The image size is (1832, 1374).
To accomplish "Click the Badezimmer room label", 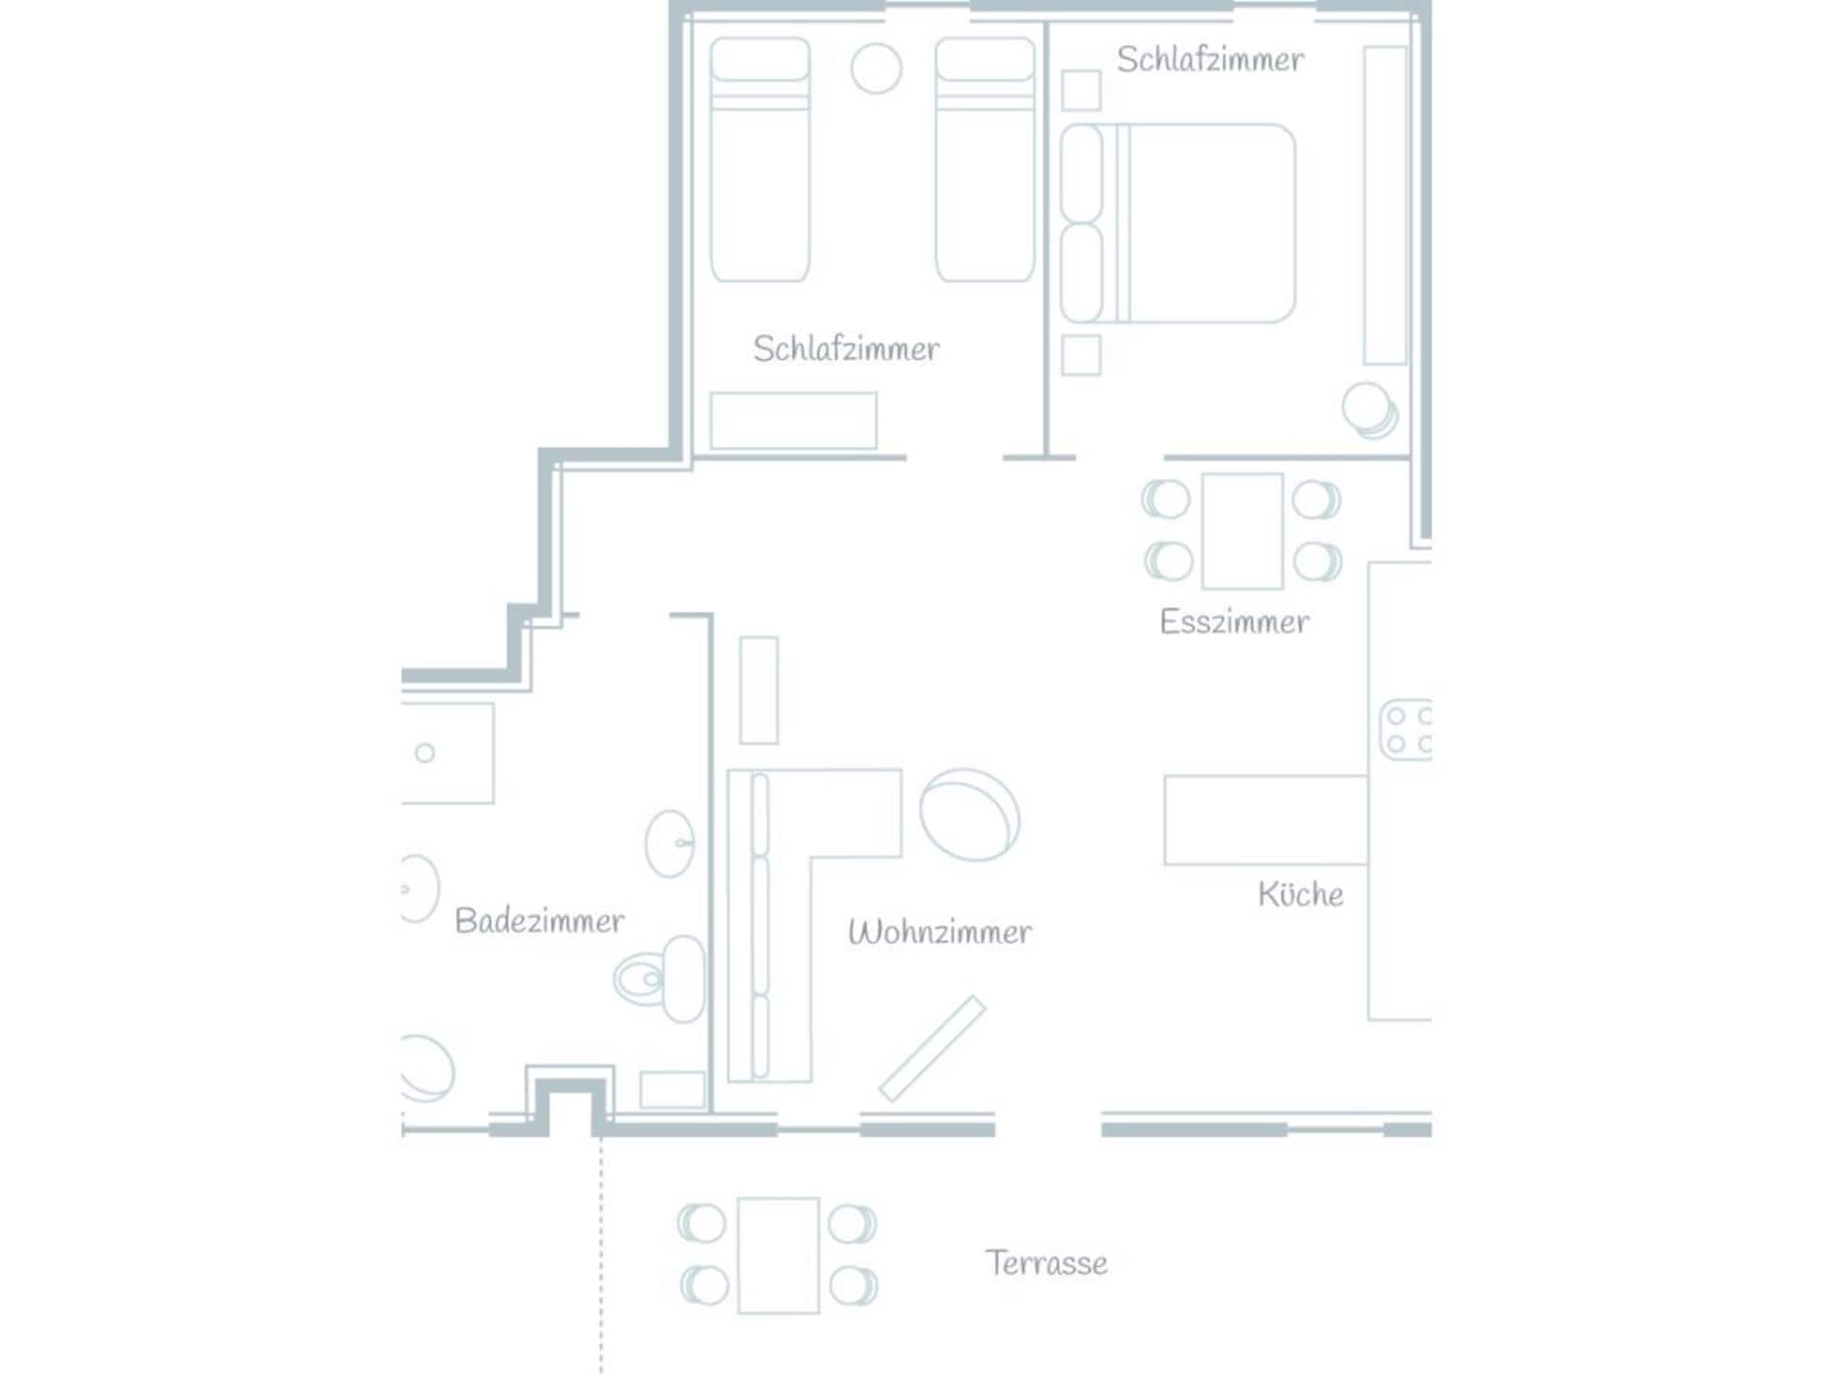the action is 539,921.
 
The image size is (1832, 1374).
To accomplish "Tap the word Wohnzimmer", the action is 940,931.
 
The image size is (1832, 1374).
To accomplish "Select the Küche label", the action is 1301,894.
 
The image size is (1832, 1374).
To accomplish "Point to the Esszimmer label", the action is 1235,622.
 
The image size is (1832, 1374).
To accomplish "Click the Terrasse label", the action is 1047,1263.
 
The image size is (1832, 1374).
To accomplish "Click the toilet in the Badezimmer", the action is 659,979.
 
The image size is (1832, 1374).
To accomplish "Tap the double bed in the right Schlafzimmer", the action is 1177,223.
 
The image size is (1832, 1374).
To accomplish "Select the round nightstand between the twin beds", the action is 876,69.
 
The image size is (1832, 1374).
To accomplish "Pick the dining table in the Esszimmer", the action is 1242,531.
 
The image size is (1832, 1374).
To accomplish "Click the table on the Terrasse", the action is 779,1256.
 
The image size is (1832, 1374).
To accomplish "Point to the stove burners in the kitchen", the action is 1406,729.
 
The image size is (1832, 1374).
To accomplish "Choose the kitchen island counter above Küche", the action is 1266,821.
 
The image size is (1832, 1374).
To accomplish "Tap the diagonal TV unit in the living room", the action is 932,1049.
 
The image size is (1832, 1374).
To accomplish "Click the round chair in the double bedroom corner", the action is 1370,410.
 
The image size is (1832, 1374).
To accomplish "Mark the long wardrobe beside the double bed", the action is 1385,205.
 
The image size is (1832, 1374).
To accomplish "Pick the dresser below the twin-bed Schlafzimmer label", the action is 794,421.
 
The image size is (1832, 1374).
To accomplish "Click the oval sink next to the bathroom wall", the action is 670,844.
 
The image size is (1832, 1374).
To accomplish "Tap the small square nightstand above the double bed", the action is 1081,91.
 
